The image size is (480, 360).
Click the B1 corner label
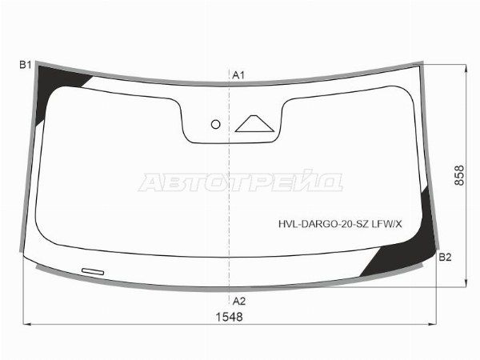pos(26,65)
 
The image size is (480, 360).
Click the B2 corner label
pos(445,257)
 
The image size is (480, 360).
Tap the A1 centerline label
pos(238,75)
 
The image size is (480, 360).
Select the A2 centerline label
pos(239,302)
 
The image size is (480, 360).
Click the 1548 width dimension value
pos(230,317)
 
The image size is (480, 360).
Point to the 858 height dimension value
pos(459,175)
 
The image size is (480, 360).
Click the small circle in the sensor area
pos(216,124)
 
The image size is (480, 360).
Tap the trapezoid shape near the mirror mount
pos(254,124)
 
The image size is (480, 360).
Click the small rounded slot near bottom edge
pos(93,271)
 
